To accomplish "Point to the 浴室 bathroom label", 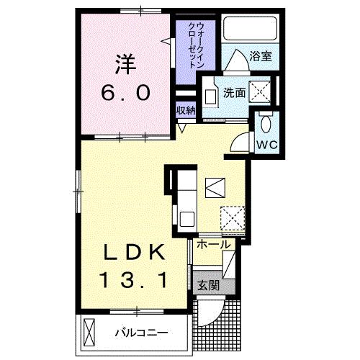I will (x=260, y=54).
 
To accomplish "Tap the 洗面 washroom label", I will (x=233, y=92).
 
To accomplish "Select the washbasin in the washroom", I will (x=211, y=96).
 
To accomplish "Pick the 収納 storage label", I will (x=186, y=110).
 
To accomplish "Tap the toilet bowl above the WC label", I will (x=266, y=123).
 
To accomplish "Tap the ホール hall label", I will (x=214, y=245).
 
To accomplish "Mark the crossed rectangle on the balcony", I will (x=88, y=333).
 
